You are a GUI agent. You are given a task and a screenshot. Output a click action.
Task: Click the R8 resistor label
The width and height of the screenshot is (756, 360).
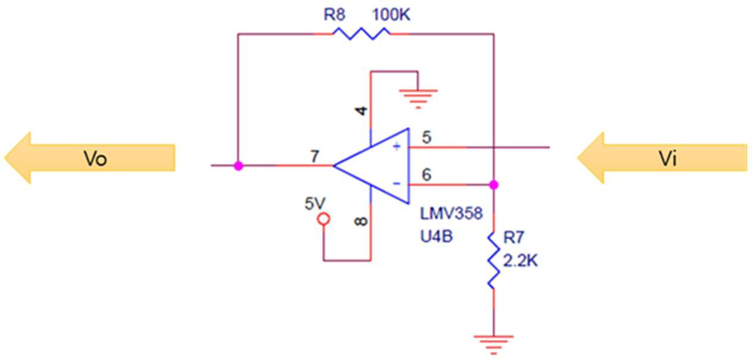click(334, 15)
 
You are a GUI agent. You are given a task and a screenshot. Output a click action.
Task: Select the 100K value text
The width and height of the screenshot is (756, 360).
click(391, 15)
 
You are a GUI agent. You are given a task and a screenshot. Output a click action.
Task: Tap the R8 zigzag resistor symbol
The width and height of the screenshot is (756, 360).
click(361, 34)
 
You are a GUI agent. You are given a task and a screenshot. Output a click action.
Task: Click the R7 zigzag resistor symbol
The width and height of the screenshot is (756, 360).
click(494, 261)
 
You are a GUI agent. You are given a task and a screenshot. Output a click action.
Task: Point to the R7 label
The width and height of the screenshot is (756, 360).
click(513, 237)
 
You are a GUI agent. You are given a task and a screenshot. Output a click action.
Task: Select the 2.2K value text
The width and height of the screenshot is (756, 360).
click(520, 261)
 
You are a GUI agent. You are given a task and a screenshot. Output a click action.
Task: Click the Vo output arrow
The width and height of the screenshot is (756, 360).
click(90, 158)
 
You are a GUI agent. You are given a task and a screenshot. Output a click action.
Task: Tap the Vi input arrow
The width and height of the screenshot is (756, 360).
click(662, 158)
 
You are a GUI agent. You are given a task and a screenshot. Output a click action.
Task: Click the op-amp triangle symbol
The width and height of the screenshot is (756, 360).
click(371, 166)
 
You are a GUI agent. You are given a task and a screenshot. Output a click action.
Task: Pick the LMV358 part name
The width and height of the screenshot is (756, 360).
click(451, 214)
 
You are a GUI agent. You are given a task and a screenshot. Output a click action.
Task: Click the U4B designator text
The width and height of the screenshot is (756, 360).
click(437, 236)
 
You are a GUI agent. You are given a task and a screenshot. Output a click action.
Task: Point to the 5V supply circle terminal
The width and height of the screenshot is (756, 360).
click(324, 220)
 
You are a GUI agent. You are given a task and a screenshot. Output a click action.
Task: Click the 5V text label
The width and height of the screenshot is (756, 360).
click(315, 204)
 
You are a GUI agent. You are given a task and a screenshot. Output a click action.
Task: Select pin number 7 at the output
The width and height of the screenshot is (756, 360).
click(315, 156)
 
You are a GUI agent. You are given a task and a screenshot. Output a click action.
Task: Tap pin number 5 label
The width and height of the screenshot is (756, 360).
click(426, 137)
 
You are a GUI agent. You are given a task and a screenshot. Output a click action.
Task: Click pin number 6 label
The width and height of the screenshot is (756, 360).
click(426, 174)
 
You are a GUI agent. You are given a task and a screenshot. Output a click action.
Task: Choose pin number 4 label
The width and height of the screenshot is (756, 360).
click(362, 111)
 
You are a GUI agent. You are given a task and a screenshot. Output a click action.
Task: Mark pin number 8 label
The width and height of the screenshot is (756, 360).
click(362, 221)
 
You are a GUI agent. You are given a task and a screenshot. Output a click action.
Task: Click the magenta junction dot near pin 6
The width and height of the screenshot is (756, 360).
click(494, 184)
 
